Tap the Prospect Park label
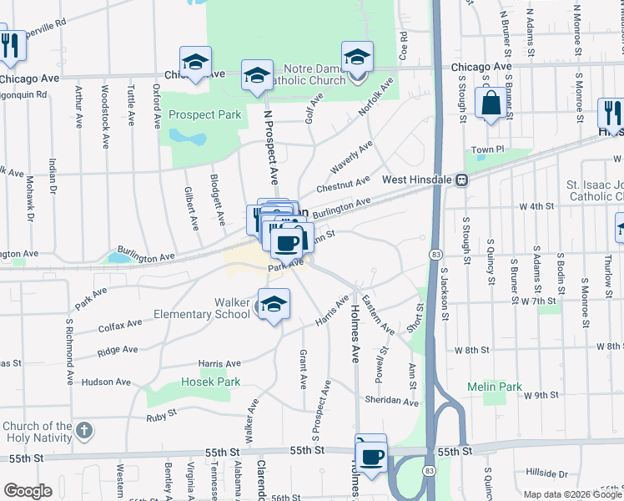point(204,114)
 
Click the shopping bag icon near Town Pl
point(490,104)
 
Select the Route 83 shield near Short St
point(435,253)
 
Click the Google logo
point(28,491)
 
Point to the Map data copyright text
point(571,495)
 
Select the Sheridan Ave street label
point(391,402)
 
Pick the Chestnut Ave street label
point(343,182)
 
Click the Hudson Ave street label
point(106,382)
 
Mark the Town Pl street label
point(488,149)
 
